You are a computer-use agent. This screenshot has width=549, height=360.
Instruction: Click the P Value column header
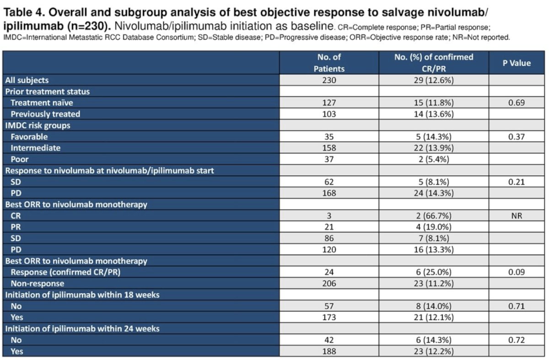click(517, 63)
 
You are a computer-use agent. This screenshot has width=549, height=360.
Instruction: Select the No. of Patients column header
click(329, 63)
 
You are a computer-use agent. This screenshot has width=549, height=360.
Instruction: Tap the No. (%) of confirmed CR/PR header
click(434, 63)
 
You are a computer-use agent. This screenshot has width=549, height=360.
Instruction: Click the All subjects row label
click(27, 80)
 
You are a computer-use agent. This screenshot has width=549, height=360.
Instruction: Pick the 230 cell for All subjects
click(329, 80)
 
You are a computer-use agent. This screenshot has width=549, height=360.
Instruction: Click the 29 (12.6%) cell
click(434, 80)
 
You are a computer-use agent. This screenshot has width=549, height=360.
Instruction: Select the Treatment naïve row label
click(42, 102)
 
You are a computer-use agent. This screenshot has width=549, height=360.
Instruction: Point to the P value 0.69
click(517, 102)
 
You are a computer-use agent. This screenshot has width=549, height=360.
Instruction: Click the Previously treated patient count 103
click(329, 114)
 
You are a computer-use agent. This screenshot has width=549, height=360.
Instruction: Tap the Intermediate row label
click(36, 148)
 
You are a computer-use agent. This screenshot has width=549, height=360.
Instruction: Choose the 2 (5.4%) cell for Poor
click(434, 159)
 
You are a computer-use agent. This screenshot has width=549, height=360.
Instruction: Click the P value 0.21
click(517, 182)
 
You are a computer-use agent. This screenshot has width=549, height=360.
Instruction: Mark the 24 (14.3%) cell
click(434, 193)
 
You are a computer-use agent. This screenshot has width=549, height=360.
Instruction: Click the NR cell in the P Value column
click(517, 215)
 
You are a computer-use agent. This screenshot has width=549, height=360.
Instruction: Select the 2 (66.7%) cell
click(434, 215)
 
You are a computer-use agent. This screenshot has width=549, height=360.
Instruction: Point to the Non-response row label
click(38, 284)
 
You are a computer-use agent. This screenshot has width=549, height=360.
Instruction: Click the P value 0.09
click(517, 272)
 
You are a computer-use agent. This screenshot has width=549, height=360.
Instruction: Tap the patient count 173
click(329, 317)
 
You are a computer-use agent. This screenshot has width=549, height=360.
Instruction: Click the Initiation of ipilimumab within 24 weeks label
click(82, 328)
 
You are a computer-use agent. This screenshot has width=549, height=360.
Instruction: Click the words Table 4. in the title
click(25, 12)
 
